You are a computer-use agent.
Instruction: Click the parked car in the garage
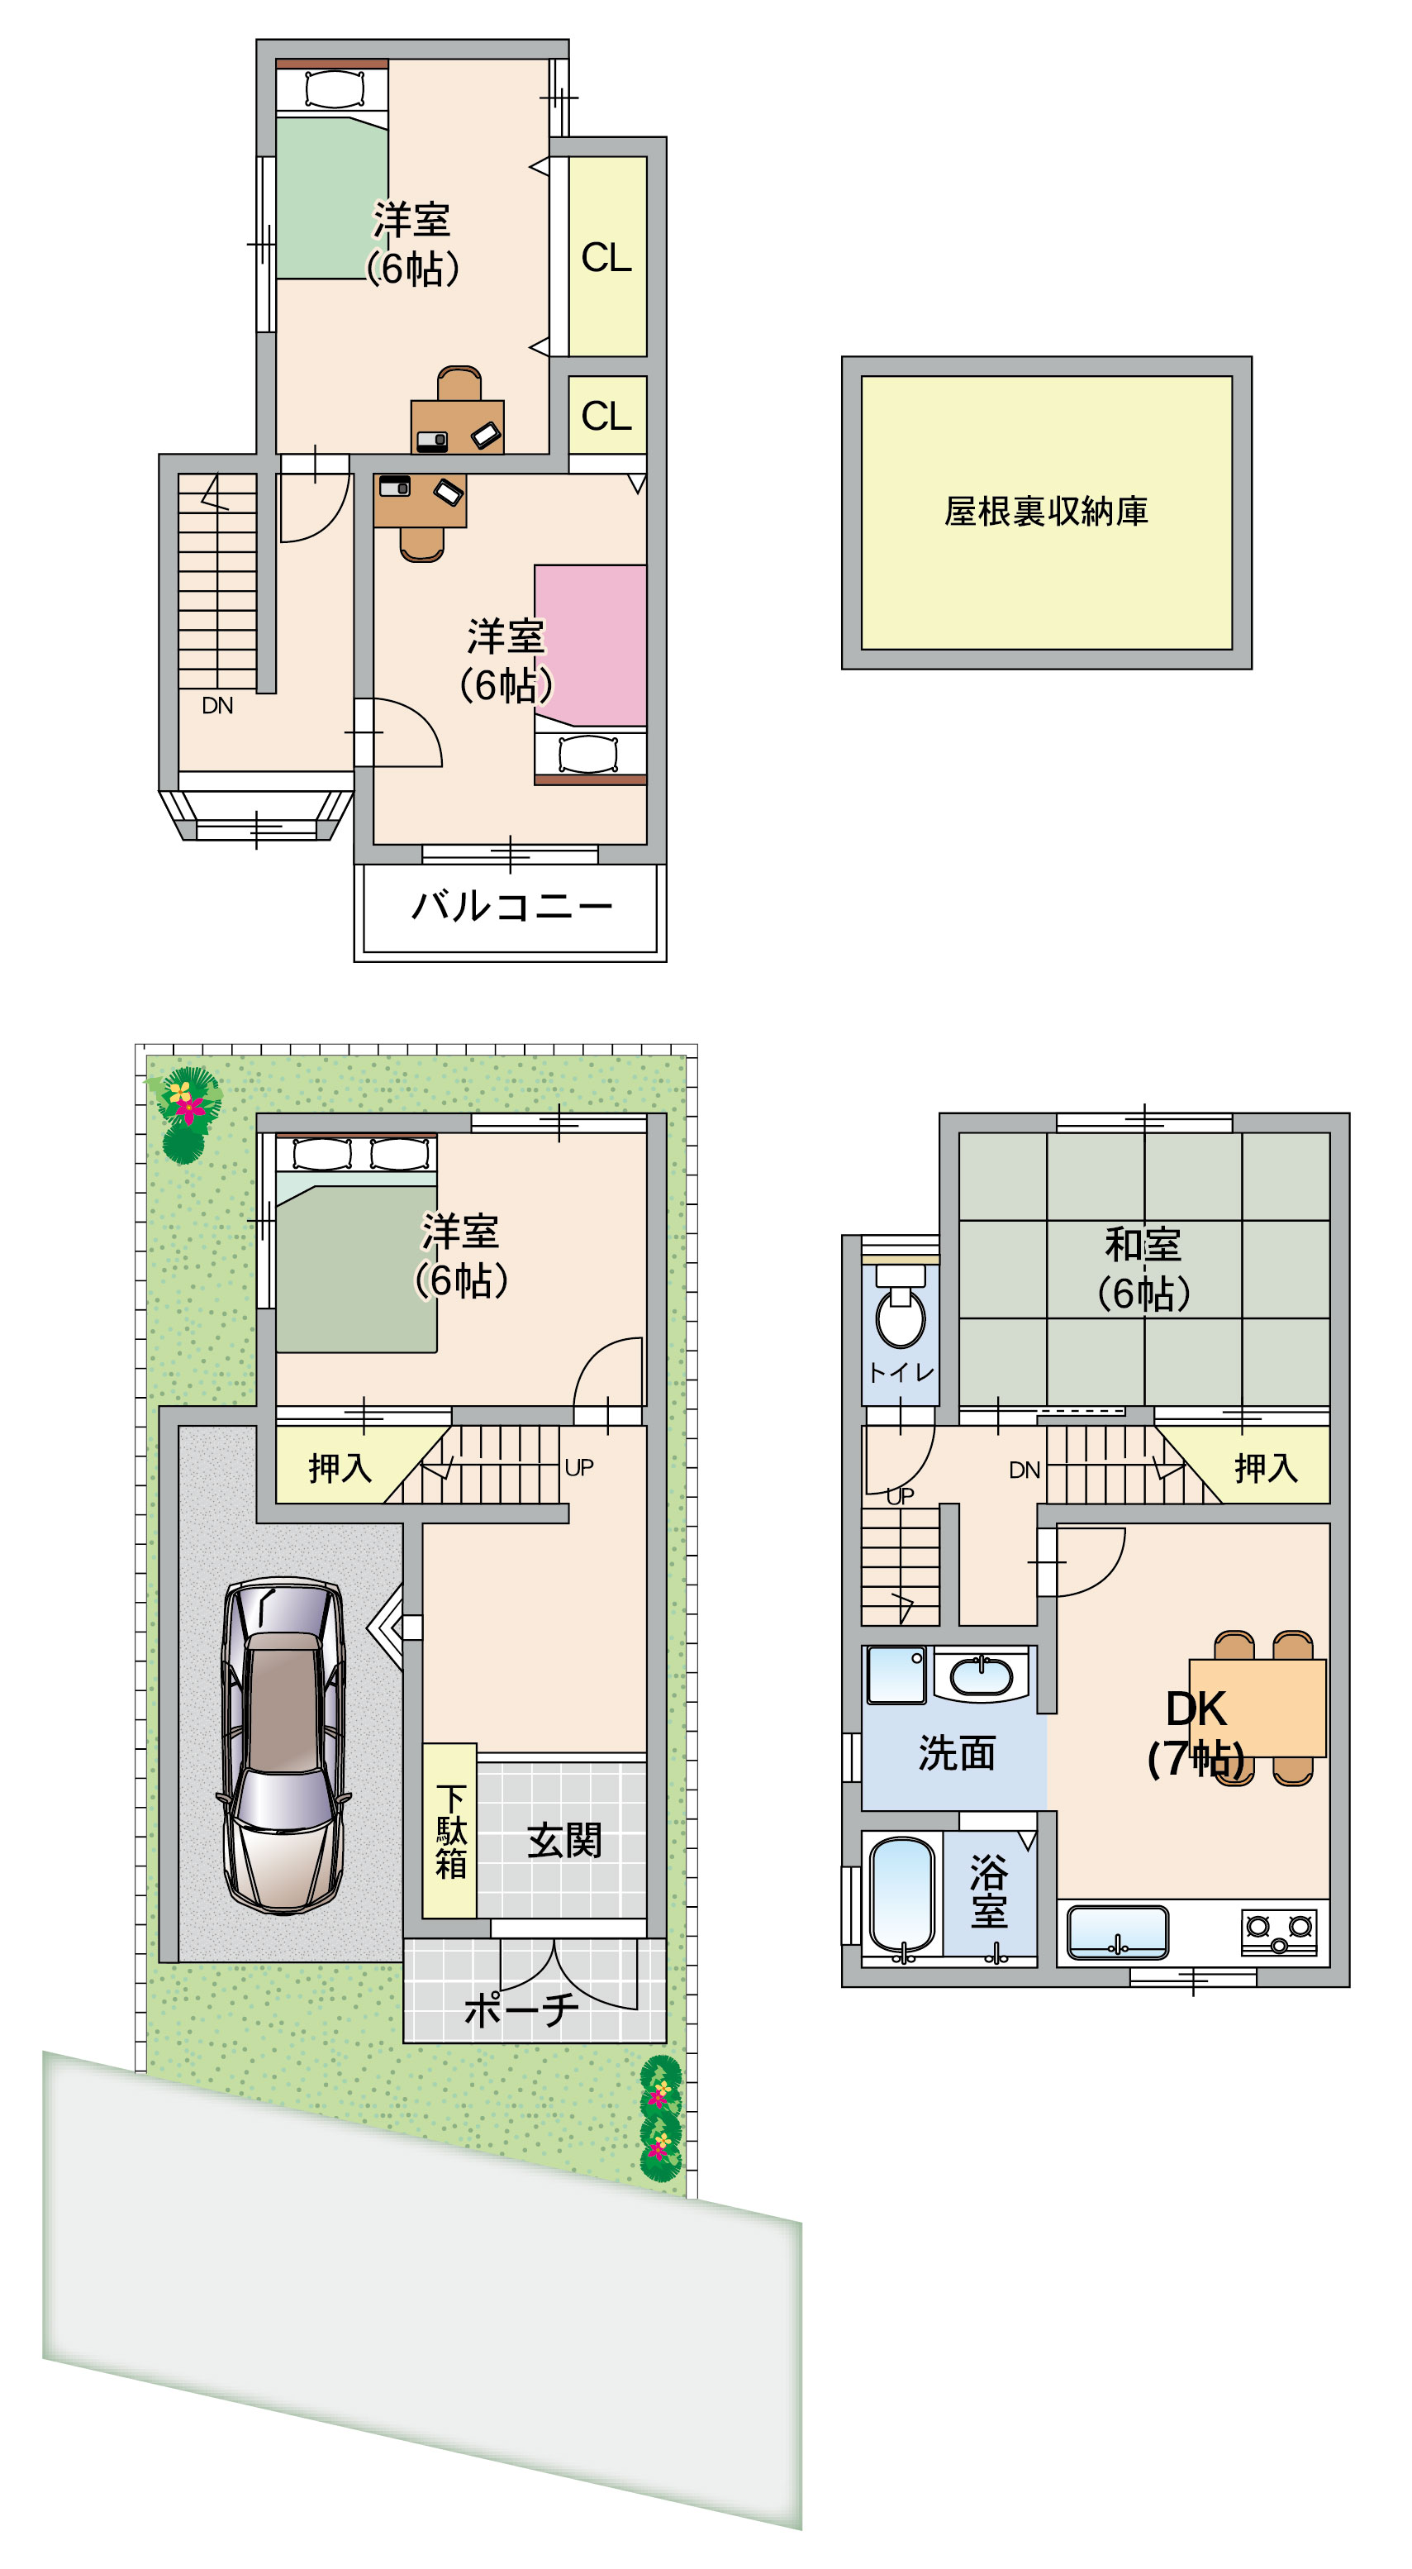(x=284, y=1745)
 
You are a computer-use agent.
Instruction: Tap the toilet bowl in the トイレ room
(x=901, y=1308)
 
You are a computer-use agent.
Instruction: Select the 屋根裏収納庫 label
(x=1046, y=512)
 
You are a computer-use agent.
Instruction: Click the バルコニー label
(x=511, y=907)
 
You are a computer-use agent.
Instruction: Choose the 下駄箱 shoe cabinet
(x=449, y=1830)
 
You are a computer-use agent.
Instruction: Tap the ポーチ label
(x=521, y=2009)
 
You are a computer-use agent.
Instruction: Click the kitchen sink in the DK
(x=1118, y=1932)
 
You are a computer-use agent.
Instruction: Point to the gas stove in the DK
(x=1279, y=1931)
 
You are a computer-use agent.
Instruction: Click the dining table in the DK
(x=1257, y=1708)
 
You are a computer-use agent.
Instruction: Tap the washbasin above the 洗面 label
(x=982, y=1675)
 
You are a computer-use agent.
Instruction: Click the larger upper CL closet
(x=607, y=256)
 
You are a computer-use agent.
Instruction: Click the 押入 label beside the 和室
(x=1267, y=1467)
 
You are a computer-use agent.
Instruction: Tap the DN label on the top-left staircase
(x=217, y=706)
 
